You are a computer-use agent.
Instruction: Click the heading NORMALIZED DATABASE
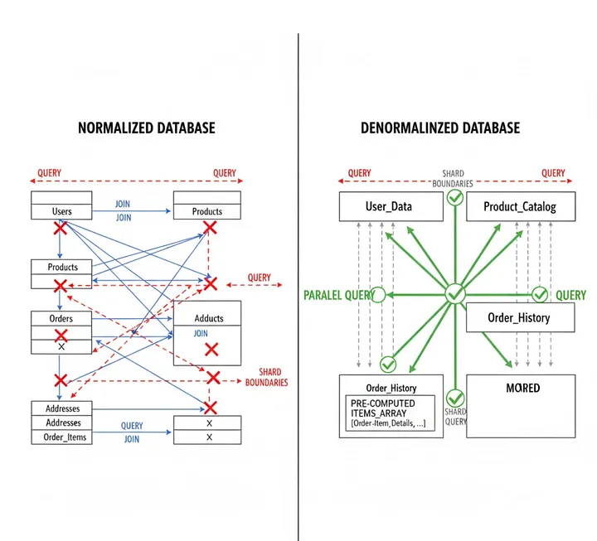coord(147,128)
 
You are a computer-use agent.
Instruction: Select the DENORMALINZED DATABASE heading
coord(440,128)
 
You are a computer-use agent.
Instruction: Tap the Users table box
coord(62,206)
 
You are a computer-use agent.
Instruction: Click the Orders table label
coord(62,318)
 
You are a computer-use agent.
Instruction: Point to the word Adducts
coord(209,318)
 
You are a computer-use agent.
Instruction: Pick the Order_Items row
coord(62,437)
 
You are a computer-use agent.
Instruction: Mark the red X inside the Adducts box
coord(211,350)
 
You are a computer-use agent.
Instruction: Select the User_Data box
coord(388,206)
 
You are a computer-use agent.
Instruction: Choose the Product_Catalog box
coord(520,206)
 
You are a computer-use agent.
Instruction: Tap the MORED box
coord(521,406)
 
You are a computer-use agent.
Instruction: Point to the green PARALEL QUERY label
coord(336,295)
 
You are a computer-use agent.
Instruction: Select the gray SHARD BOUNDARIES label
coord(453,179)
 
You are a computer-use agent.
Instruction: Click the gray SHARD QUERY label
coord(456,417)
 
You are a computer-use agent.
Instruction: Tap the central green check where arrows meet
coord(454,294)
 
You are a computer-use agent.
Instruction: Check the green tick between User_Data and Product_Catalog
coord(454,197)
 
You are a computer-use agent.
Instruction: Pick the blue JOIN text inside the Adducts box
coord(201,333)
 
